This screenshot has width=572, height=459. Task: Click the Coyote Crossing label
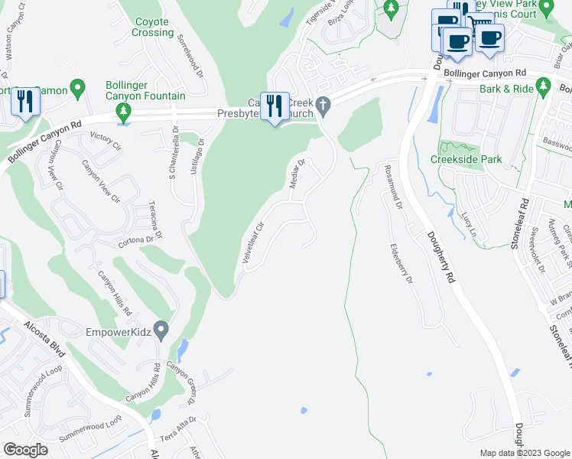(x=153, y=27)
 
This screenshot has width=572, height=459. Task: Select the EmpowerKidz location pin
(x=161, y=330)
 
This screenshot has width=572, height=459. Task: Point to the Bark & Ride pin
(x=544, y=87)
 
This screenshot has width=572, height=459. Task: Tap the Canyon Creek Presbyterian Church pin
(x=324, y=106)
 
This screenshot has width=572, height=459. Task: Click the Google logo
(x=24, y=450)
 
